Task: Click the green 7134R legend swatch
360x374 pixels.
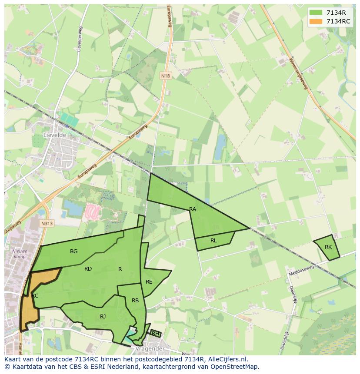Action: pyautogui.click(x=316, y=13)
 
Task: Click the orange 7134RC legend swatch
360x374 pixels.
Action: pyautogui.click(x=316, y=21)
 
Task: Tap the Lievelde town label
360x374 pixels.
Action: pyautogui.click(x=54, y=135)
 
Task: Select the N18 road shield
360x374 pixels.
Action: pyautogui.click(x=166, y=76)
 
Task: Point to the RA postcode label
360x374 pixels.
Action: pyautogui.click(x=193, y=209)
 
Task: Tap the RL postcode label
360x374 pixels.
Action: pyautogui.click(x=213, y=241)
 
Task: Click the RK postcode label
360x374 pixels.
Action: pyautogui.click(x=328, y=247)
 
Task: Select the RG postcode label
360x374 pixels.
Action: pyautogui.click(x=74, y=252)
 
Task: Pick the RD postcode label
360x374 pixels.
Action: pyautogui.click(x=88, y=269)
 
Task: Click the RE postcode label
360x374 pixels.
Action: pyautogui.click(x=149, y=282)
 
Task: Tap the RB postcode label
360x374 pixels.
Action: pyautogui.click(x=135, y=301)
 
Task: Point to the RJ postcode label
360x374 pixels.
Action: pyautogui.click(x=103, y=317)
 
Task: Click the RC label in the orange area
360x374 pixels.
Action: pyautogui.click(x=35, y=296)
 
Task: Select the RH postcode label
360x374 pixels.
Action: pyautogui.click(x=155, y=334)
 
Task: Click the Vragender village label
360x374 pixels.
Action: pyautogui.click(x=150, y=348)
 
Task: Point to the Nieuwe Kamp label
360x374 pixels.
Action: pyautogui.click(x=20, y=254)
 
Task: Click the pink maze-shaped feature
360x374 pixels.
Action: pyautogui.click(x=92, y=212)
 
